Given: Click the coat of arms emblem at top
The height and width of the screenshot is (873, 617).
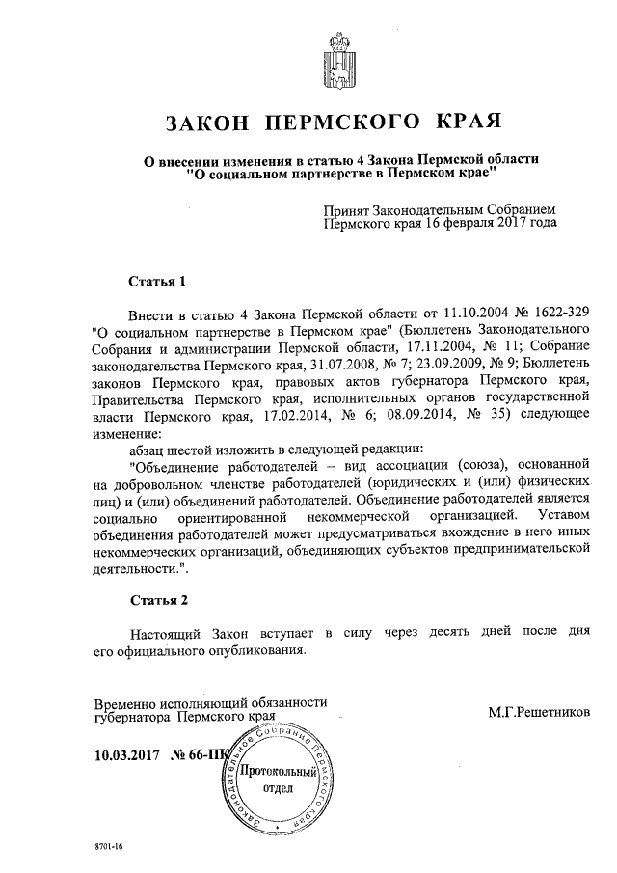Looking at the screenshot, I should pos(337,60).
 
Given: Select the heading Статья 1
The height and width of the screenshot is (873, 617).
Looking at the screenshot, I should pos(156,282).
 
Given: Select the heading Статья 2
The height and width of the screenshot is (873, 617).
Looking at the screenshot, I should pos(158,600).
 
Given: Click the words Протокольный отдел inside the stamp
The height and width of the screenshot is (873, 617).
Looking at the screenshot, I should pos(278,779).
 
